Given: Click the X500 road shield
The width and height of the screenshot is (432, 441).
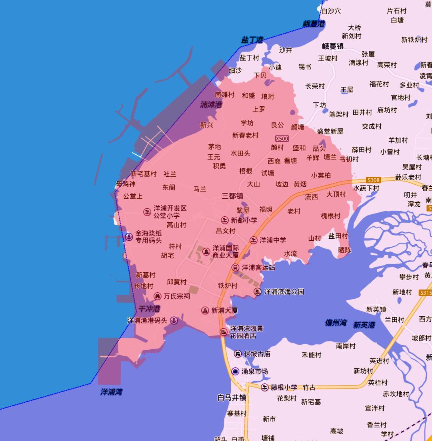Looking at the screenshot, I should point(282,139).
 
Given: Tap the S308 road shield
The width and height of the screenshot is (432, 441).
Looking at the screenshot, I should point(373,180).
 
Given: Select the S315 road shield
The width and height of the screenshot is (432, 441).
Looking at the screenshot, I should point(425,293).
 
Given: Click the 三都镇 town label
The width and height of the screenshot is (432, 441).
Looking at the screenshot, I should point(232,196).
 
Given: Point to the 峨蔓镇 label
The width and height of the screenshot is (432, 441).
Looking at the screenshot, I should point(333,46).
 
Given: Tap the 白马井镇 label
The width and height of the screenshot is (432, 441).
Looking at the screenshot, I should point(232,398).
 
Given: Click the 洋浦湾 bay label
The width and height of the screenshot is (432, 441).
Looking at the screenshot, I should point(111,392).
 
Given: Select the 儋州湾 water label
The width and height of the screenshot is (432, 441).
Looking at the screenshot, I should point(336,323).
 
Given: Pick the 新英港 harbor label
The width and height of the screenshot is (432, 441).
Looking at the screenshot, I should point(364,325).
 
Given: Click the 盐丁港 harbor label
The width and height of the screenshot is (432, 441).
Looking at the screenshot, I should point(252,40).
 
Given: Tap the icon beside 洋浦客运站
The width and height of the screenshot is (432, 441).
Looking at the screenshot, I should point(236,267).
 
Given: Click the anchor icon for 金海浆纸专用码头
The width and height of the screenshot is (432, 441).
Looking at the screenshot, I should point(129,237).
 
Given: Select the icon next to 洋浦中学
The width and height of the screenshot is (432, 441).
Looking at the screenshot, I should point(254,240).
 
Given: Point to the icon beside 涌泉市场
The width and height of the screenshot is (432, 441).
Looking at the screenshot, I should point(235,371).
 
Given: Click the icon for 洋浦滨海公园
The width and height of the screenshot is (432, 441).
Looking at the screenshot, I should point(258,292).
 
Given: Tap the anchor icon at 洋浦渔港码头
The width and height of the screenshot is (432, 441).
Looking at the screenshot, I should point(174,320).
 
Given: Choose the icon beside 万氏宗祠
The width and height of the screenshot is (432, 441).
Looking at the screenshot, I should point(158,296).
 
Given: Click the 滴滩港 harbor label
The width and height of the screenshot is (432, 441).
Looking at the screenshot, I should point(211,105).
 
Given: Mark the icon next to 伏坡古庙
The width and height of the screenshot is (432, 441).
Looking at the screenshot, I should point(238,354).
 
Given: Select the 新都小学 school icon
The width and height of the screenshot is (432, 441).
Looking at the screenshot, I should point(225,220).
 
